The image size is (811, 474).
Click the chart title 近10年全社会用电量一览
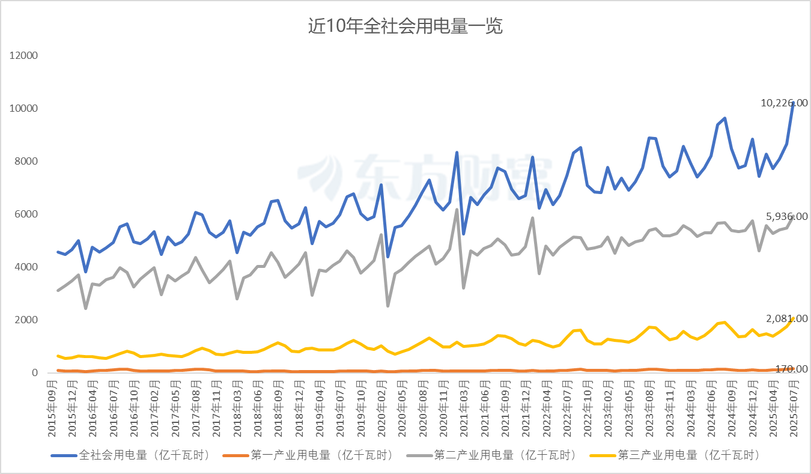(405, 26)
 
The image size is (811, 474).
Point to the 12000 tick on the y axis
(23, 56)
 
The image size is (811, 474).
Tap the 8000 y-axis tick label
(26, 162)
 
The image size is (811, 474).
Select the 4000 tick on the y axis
(26, 267)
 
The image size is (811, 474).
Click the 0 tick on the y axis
(35, 373)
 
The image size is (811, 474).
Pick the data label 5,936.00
(786, 216)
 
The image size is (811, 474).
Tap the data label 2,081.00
(786, 318)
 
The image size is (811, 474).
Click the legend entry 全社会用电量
(144, 455)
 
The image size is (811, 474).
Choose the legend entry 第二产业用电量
(505, 455)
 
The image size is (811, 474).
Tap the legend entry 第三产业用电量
(687, 455)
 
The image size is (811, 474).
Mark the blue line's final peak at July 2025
(793, 103)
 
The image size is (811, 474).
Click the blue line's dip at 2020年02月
(388, 257)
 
